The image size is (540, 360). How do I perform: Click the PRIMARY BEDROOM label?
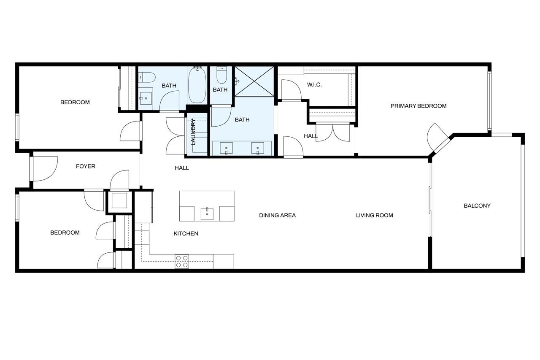pos(418,106)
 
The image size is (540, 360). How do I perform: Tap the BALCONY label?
pos(477,206)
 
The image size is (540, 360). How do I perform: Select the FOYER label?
pos(86,166)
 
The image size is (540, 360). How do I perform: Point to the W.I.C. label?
pos(314,85)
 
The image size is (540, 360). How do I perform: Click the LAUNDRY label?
pos(193,132)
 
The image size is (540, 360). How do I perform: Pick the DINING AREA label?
pos(277,215)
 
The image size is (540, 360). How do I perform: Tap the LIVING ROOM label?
pos(374,215)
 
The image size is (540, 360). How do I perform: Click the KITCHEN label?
pos(186,233)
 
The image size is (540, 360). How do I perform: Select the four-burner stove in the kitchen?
pos(182,261)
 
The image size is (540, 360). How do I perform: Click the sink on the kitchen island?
pos(207,214)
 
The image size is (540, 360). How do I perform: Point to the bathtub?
pos(197,85)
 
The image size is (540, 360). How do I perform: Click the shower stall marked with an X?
pos(254,81)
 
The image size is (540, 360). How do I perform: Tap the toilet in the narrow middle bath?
pos(221,75)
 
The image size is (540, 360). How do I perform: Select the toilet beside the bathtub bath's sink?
pos(147,77)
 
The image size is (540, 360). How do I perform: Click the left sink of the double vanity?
pos(227,148)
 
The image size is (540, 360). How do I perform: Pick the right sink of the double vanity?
pos(258,148)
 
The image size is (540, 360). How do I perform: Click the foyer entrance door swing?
pos(45,168)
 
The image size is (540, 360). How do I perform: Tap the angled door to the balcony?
pos(437,138)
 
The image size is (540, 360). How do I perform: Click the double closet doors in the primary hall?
pos(333,133)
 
